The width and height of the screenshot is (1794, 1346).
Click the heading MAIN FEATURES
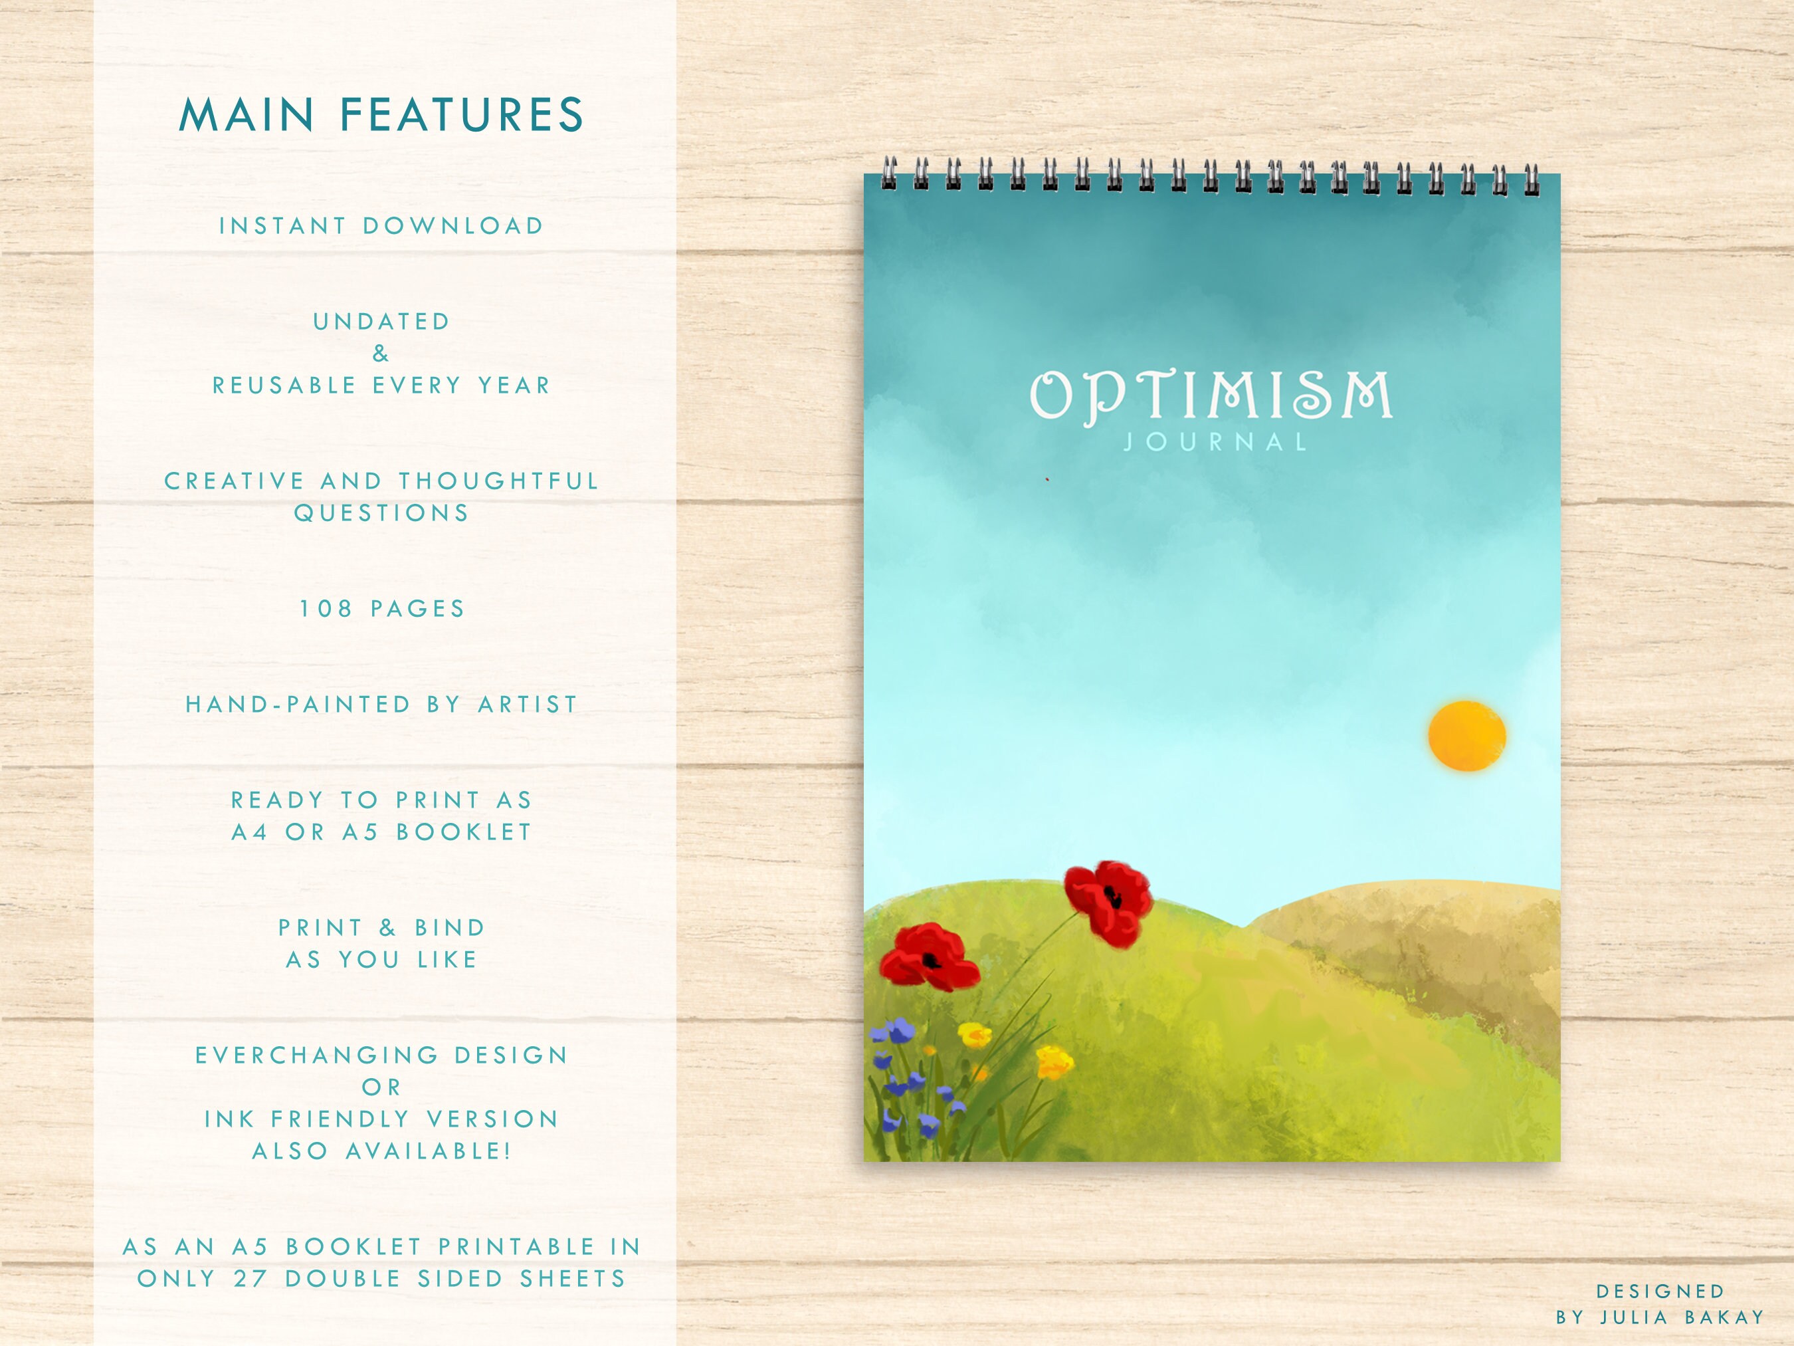coord(381,114)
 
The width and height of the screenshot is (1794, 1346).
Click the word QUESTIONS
coord(381,512)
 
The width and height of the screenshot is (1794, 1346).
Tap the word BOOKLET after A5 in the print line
coord(464,832)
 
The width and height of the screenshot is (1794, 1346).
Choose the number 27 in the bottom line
coord(250,1279)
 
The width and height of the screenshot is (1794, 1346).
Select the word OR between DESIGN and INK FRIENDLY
coord(381,1087)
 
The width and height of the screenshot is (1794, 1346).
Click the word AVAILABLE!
coord(429,1151)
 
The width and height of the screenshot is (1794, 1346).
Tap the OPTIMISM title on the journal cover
coord(1211,396)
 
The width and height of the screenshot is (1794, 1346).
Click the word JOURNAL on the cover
coord(1215,442)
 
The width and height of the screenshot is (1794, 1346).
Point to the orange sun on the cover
coord(1466,735)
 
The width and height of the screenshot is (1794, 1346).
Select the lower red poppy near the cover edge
coord(930,956)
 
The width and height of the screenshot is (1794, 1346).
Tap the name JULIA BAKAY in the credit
coord(1682,1317)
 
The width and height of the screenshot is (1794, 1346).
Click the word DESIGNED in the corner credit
coord(1660,1291)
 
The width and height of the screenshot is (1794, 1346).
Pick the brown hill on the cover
coord(1427,949)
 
